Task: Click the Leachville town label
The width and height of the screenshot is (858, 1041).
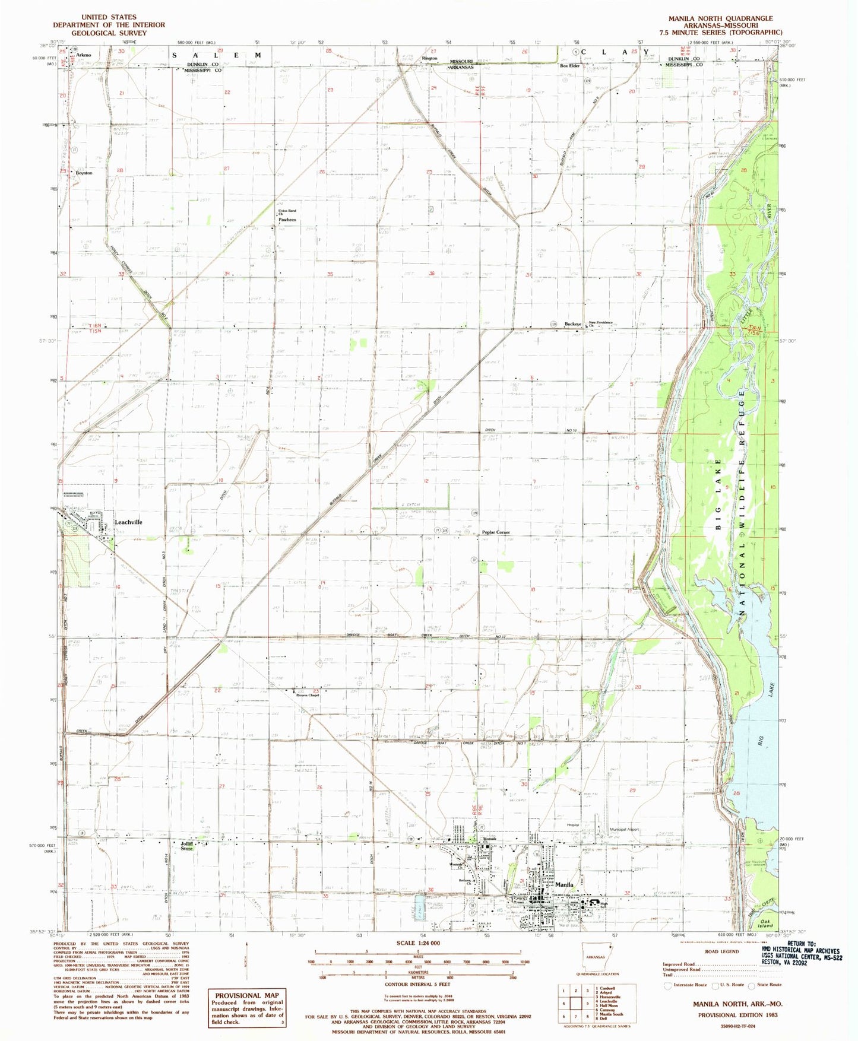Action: coord(128,522)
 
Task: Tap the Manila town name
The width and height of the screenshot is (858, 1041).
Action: coord(563,885)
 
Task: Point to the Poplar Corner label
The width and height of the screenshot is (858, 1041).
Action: coord(496,532)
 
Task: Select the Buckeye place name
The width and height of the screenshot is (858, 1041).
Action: coord(572,324)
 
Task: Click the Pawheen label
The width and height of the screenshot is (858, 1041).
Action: coord(287,220)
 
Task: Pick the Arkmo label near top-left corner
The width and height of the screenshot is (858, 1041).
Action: coord(84,55)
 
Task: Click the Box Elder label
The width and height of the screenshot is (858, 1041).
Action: coord(569,66)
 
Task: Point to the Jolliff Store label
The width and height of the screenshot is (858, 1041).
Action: coord(187,846)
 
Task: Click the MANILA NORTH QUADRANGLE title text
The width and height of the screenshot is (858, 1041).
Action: coord(720,18)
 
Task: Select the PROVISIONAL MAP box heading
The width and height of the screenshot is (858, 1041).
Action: coord(246,995)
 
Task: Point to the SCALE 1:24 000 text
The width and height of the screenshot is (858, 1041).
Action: coord(418,942)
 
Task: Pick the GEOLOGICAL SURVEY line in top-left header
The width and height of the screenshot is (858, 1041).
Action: coord(109,33)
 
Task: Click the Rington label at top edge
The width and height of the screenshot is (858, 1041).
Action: coord(429,58)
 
